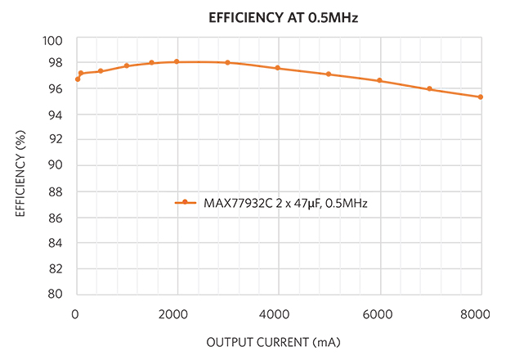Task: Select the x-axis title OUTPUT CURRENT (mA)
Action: (278, 341)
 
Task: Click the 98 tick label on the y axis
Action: (57, 63)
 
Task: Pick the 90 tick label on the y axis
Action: (57, 165)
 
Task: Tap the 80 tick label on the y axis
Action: (57, 294)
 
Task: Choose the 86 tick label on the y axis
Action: (57, 217)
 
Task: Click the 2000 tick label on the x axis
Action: (177, 313)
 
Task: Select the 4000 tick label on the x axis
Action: (278, 313)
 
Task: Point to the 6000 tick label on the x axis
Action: (379, 313)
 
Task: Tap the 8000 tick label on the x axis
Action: (477, 313)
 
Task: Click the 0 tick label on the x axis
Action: (75, 313)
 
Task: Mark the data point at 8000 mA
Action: (481, 97)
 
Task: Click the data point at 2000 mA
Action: (177, 61)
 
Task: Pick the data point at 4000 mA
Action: (278, 68)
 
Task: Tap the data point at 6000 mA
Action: (379, 80)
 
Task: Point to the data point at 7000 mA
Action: (430, 89)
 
